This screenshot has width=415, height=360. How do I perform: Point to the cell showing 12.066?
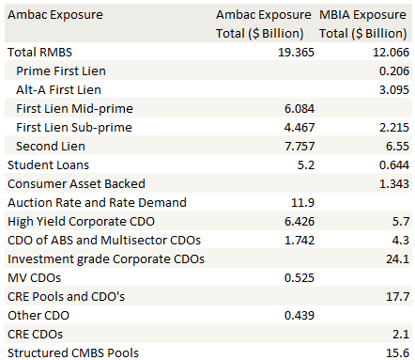tap(388, 52)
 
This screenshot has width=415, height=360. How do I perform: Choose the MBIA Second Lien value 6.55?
tap(395, 146)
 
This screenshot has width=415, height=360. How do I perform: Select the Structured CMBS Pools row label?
tap(73, 352)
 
